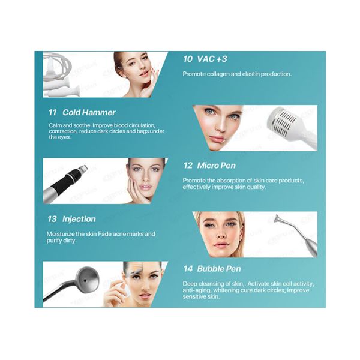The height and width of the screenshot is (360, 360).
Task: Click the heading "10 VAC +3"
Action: [205, 59]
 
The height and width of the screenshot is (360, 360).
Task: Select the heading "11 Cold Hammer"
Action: [82, 112]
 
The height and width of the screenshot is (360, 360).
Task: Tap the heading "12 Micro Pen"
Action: [209, 165]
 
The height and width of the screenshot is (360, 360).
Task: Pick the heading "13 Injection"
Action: [71, 219]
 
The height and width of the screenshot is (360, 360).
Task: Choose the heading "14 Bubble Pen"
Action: [212, 269]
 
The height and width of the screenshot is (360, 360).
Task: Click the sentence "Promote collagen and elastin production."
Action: [236, 74]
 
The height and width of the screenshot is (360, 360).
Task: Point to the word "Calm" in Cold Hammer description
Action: [55, 125]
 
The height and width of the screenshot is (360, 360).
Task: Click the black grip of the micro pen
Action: [74, 178]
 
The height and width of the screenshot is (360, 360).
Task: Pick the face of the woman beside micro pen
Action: [144, 179]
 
